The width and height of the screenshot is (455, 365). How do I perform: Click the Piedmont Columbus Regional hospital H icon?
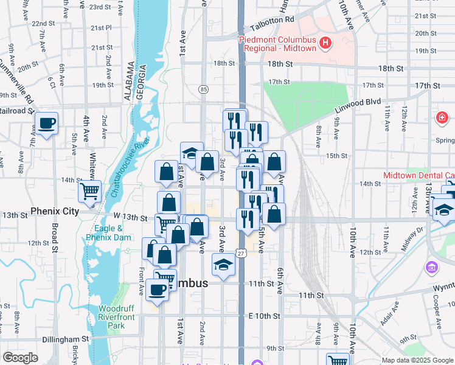click(326, 43)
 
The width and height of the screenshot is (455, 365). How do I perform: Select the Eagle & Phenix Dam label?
click(109, 233)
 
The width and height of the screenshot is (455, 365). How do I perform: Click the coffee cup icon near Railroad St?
click(47, 123)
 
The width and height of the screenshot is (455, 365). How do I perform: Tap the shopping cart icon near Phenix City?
click(89, 191)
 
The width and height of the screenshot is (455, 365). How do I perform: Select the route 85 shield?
click(203, 89)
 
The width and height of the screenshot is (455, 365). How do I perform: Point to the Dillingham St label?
click(66, 339)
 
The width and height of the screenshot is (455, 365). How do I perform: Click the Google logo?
click(20, 358)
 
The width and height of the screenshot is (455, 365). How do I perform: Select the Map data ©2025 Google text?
click(417, 360)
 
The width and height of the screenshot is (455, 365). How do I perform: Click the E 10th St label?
click(265, 316)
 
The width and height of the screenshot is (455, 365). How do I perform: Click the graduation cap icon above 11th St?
click(223, 265)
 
